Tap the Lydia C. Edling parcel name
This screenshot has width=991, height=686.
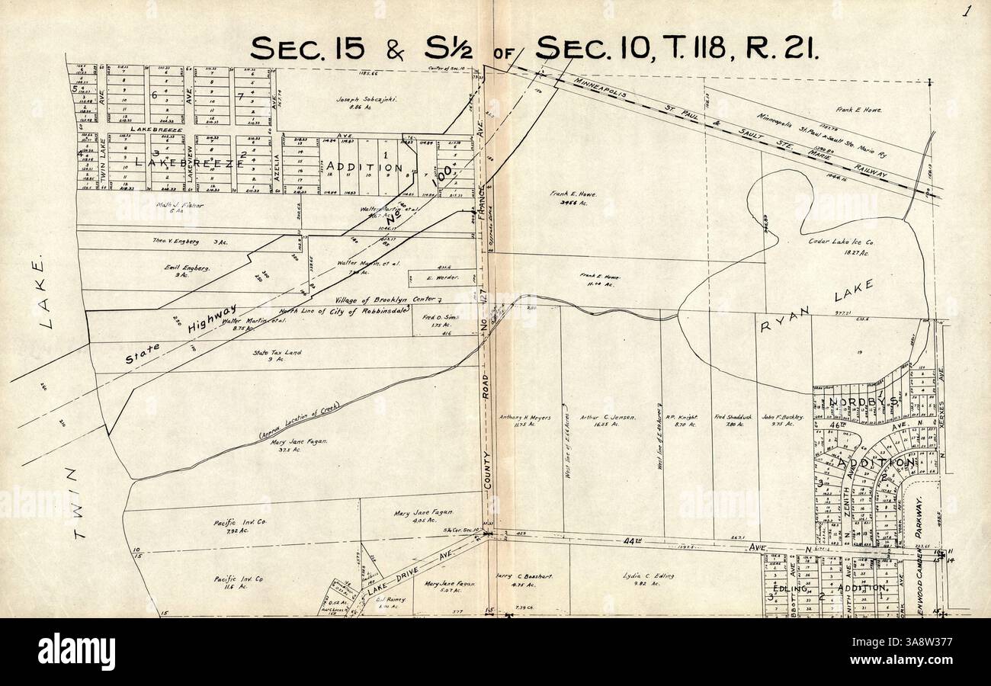point(648,576)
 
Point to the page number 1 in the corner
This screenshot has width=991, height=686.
point(967,11)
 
